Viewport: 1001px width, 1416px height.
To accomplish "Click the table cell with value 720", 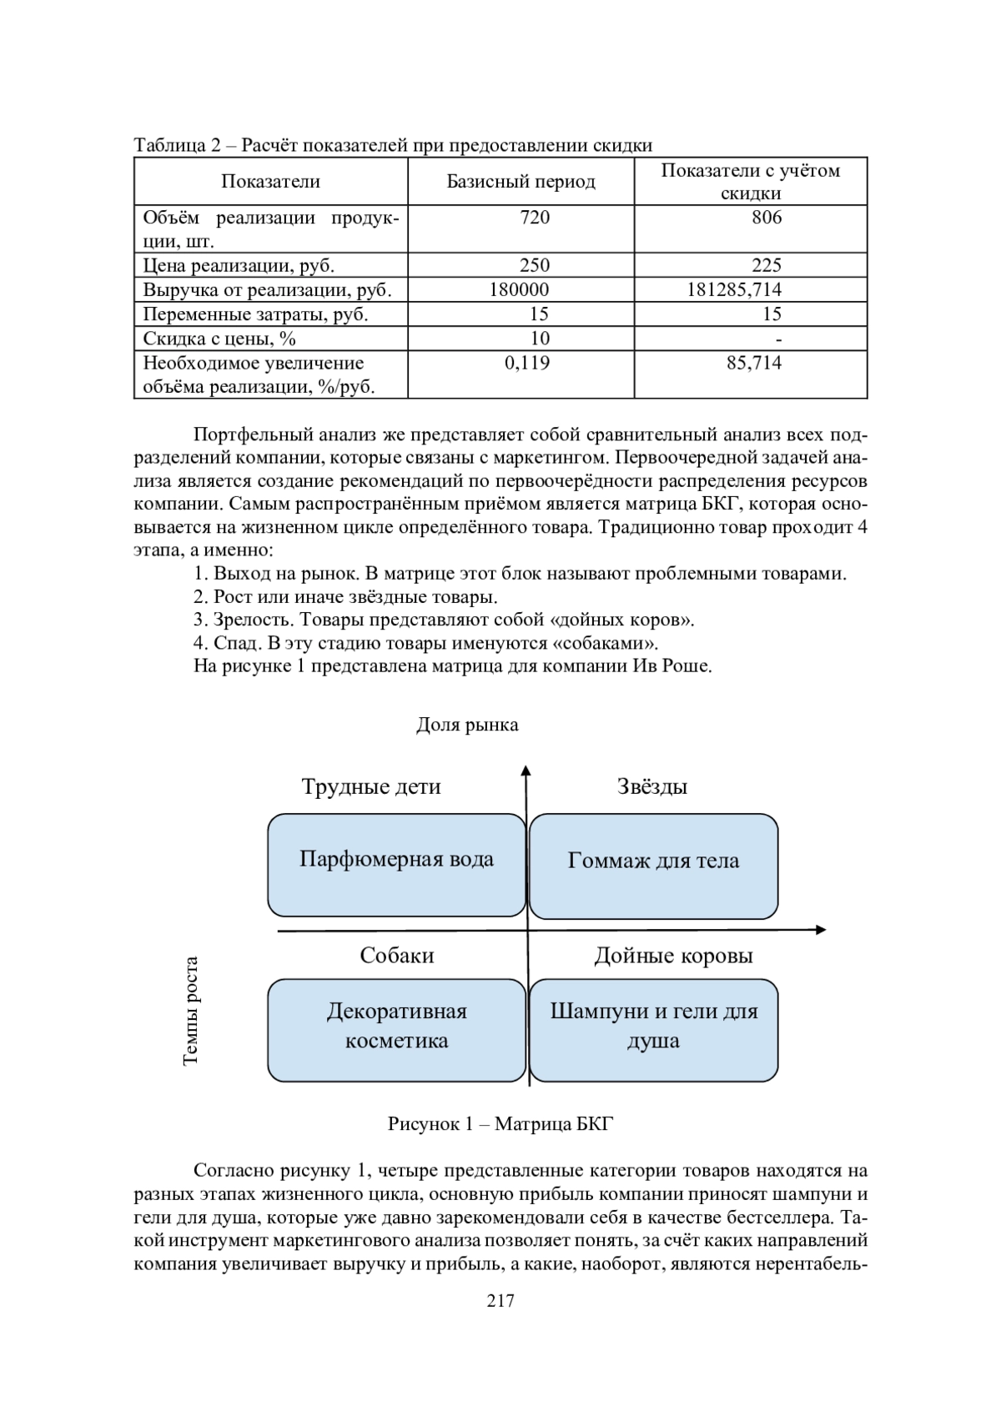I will pos(534,218).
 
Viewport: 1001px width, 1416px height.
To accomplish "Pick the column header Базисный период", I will pos(521,182).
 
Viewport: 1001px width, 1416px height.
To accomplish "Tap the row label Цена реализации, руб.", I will pos(239,265).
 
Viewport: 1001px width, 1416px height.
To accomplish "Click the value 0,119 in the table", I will pos(527,363).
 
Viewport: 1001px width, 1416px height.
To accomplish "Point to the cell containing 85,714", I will pos(754,363).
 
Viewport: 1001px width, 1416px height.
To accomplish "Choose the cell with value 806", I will pos(767,218).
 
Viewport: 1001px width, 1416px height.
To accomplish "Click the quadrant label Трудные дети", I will pos(371,786).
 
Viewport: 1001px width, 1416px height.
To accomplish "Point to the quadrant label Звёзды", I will pos(652,786).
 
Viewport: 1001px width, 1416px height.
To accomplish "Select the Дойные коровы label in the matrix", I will pos(673,956).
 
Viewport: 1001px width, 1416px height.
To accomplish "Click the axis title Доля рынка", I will pos(467,725).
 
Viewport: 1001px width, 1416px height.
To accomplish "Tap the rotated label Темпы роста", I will pos(190,1011).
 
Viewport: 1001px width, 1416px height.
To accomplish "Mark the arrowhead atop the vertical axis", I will pos(526,770).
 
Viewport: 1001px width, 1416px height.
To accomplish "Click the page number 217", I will pos(500,1300).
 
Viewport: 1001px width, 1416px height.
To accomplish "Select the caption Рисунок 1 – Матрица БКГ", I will pos(500,1124).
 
